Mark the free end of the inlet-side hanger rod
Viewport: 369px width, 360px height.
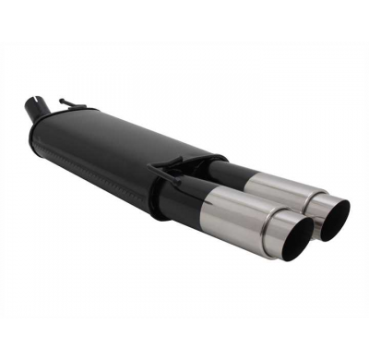(x=61, y=100)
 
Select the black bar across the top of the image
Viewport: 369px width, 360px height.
(x=184, y=18)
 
